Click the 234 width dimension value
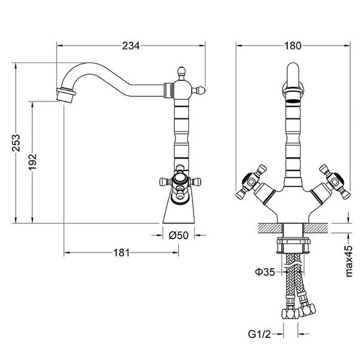click(x=130, y=46)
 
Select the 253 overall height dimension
click(x=16, y=143)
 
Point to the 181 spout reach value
click(x=121, y=253)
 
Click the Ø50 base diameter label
click(x=179, y=235)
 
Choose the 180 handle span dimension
click(x=293, y=46)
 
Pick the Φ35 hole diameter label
click(x=265, y=272)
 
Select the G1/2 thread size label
click(x=260, y=334)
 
